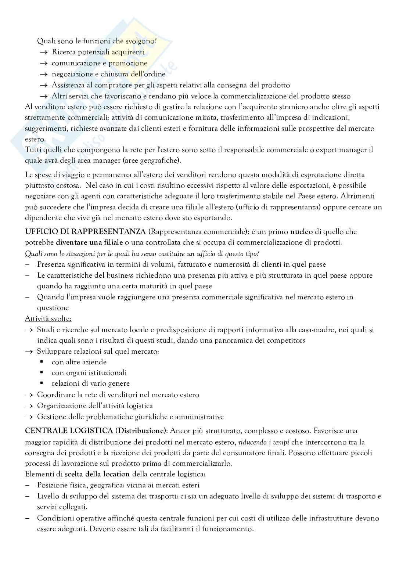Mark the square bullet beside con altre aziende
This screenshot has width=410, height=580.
(42, 362)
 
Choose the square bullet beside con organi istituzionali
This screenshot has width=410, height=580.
(42, 372)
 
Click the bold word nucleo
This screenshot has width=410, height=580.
(301, 232)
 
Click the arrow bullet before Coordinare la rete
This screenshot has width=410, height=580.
(29, 395)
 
